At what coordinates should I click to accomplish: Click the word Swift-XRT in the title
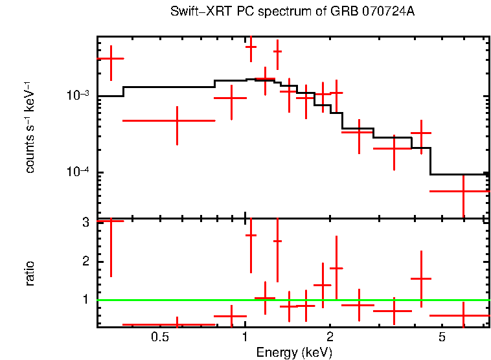click(x=194, y=12)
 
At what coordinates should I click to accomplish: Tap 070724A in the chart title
click(x=386, y=12)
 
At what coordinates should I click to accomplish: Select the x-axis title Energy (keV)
click(x=294, y=352)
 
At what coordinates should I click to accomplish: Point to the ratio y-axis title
click(x=30, y=273)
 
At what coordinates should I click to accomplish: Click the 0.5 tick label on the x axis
click(x=160, y=337)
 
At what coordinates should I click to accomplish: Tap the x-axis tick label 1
click(x=245, y=337)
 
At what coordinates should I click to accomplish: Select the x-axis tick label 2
click(x=330, y=337)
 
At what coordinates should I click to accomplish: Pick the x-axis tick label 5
click(x=442, y=337)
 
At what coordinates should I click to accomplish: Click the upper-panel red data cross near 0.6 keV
click(x=177, y=120)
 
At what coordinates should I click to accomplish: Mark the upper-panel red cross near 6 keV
click(x=463, y=191)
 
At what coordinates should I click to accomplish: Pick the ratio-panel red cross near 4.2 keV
click(x=421, y=278)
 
